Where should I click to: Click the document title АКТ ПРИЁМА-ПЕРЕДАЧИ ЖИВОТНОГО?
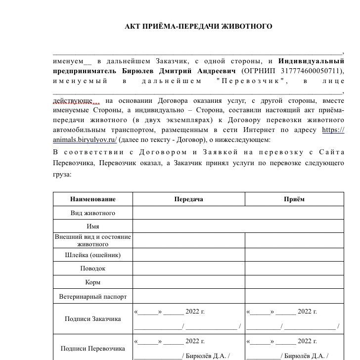tap(198, 26)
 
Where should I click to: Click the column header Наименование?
tap(92, 199)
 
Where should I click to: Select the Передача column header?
tap(188, 199)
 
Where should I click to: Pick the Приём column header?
tap(294, 199)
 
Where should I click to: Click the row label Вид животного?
tap(92, 213)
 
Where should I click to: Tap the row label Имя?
tap(92, 226)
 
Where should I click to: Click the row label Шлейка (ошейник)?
tap(92, 255)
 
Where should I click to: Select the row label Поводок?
tap(92, 268)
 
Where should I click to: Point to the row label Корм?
tap(92, 282)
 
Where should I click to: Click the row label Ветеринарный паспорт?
tap(92, 296)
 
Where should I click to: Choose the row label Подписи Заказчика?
tap(92, 318)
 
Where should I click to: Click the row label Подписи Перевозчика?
tap(92, 348)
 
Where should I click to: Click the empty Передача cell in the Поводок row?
tap(188, 268)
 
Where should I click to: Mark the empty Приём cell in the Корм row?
tap(294, 282)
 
